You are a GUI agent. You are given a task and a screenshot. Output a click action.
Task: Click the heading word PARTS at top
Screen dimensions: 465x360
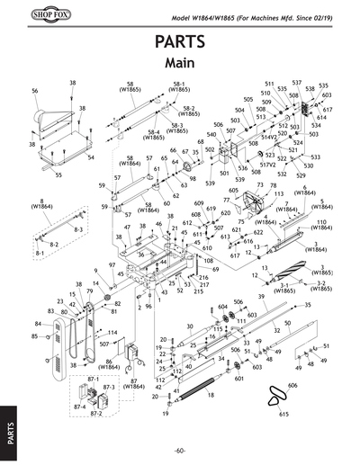(x=179, y=42)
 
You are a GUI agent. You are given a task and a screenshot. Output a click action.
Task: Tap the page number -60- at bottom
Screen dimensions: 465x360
(x=180, y=450)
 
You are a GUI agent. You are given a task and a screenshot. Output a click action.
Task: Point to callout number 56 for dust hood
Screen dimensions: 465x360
(x=34, y=92)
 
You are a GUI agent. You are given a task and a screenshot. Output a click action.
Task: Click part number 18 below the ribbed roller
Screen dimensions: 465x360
(x=210, y=394)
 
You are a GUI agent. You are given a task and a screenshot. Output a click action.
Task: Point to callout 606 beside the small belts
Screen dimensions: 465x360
(x=292, y=384)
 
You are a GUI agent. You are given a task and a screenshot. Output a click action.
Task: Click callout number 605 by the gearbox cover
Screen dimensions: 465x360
(x=233, y=191)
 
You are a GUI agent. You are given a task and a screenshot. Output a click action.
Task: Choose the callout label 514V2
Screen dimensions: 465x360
(x=268, y=138)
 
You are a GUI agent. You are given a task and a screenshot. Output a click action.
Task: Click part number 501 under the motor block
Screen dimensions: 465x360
(x=224, y=173)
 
